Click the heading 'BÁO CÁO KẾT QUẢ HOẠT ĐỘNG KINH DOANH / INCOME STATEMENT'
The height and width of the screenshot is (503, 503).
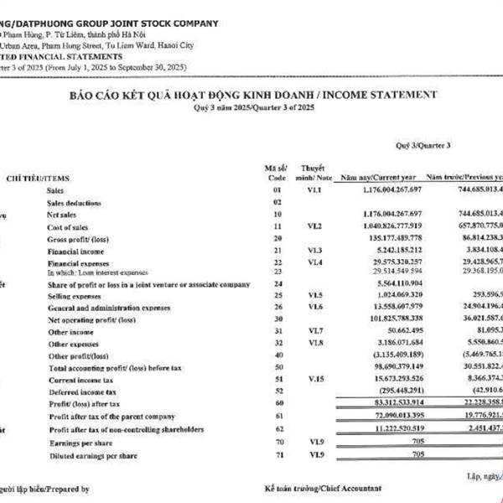click(x=252, y=96)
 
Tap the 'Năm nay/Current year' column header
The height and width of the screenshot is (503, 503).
click(x=376, y=179)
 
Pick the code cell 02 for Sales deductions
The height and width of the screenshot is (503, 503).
click(x=277, y=203)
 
